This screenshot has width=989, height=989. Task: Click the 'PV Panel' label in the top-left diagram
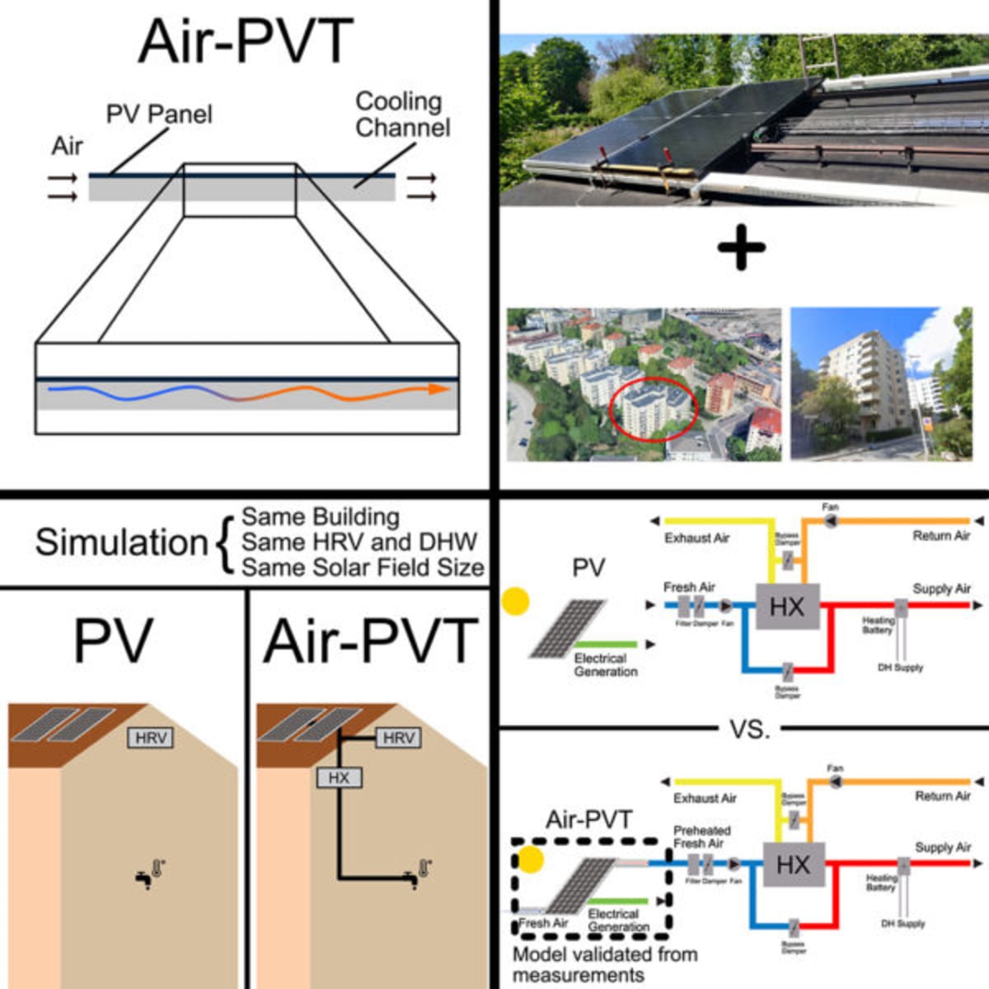[x=159, y=114]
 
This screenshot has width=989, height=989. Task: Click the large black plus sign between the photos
[x=742, y=247]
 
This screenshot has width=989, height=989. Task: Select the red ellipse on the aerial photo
[x=653, y=409]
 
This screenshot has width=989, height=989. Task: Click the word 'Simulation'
[x=121, y=542]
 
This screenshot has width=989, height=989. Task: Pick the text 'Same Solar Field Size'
[x=363, y=567]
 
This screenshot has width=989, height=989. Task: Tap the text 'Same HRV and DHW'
[x=359, y=541]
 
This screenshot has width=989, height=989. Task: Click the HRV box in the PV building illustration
[x=150, y=738]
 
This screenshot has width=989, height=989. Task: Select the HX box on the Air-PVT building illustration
[x=339, y=777]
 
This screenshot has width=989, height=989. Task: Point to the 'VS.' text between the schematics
[x=749, y=729]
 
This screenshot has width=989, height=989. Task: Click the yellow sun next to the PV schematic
[x=516, y=602]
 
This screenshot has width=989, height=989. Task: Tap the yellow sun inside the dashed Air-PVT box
[x=531, y=860]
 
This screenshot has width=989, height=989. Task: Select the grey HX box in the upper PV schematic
[x=787, y=607]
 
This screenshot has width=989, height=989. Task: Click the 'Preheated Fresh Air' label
[x=701, y=837]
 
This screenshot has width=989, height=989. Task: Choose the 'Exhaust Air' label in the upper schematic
[x=696, y=538]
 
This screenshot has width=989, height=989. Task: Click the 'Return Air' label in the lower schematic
[x=943, y=796]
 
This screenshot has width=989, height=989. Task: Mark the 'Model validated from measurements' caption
[x=604, y=964]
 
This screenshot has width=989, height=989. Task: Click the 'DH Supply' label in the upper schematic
[x=900, y=668]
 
